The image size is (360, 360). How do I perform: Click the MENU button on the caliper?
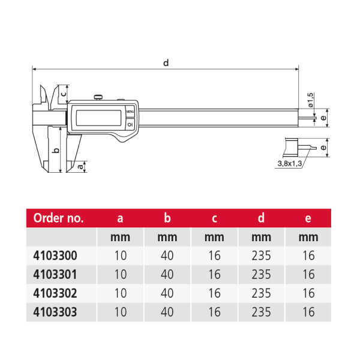(130, 112)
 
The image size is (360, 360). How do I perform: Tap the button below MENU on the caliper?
(130, 124)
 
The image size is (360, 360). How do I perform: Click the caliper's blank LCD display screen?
(98, 118)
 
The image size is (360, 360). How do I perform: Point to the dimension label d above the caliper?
(166, 62)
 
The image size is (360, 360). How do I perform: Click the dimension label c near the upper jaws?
(64, 94)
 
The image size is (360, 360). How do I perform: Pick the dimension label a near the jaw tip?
(80, 166)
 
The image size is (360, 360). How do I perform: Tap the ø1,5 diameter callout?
(310, 100)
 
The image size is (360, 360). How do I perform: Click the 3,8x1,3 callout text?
(290, 164)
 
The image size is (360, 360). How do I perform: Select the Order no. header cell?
(58, 218)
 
